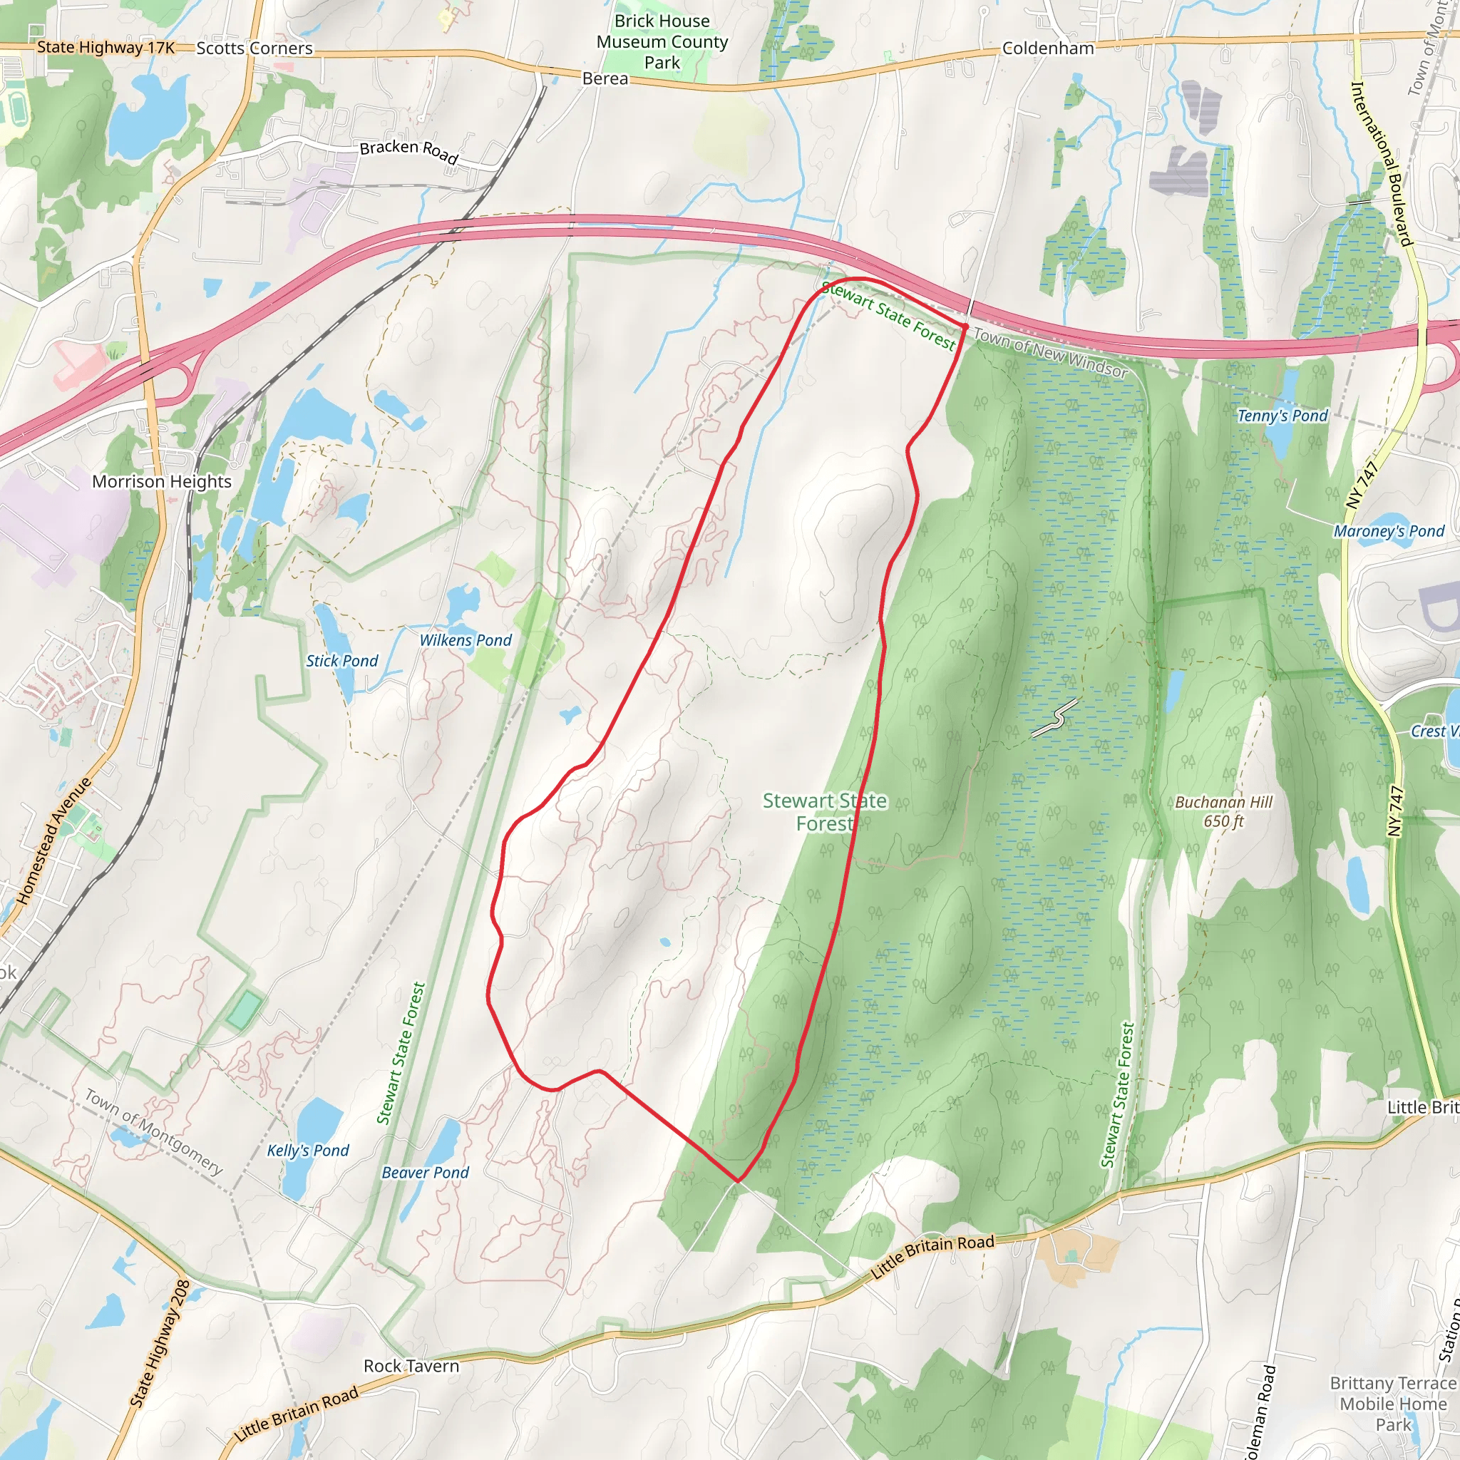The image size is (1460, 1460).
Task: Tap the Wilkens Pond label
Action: click(x=466, y=640)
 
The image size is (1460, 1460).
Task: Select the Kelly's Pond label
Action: click(x=307, y=1150)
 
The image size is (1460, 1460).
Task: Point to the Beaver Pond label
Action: click(x=425, y=1172)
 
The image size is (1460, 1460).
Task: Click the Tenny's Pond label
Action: click(x=1282, y=416)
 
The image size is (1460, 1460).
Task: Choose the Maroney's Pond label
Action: click(x=1389, y=531)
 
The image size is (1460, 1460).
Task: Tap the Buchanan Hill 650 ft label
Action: click(x=1223, y=811)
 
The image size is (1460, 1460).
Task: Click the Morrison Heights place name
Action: click(x=162, y=481)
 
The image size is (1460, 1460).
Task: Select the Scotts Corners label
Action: click(x=255, y=48)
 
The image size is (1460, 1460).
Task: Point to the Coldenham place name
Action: click(x=1048, y=48)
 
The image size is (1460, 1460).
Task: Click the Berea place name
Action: click(x=605, y=78)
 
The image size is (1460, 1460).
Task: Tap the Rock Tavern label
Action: click(x=411, y=1367)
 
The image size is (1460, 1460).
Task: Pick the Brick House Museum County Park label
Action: click(x=662, y=41)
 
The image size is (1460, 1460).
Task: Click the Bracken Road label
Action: click(x=408, y=151)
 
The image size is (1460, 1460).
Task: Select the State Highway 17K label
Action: click(x=106, y=47)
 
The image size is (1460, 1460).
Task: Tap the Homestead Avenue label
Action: click(x=54, y=840)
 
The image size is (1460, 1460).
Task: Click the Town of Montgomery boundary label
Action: click(x=153, y=1131)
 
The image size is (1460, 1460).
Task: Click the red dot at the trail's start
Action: click(x=965, y=327)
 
